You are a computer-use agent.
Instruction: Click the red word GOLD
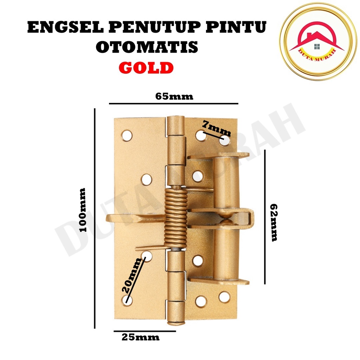pyautogui.click(x=146, y=67)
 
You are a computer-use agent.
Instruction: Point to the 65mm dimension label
pyautogui.click(x=174, y=97)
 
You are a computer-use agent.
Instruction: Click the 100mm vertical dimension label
pyautogui.click(x=83, y=210)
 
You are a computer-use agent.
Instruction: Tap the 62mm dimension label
pyautogui.click(x=274, y=222)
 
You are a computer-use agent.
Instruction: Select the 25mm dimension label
pyautogui.click(x=140, y=337)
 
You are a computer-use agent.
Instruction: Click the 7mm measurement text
pyautogui.click(x=217, y=128)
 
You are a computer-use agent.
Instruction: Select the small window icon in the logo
pyautogui.click(x=317, y=46)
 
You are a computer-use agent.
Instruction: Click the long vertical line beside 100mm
pyautogui.click(x=95, y=218)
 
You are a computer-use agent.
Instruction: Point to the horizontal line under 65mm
pyautogui.click(x=174, y=104)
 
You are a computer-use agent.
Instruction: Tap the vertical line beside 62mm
pyautogui.click(x=265, y=217)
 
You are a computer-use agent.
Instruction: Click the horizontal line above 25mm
pyautogui.click(x=144, y=331)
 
